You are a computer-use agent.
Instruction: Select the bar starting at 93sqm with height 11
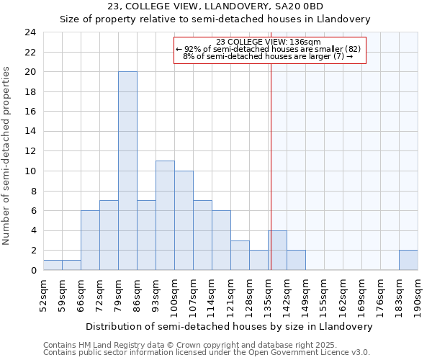(165, 215)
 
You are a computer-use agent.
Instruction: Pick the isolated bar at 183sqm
(408, 260)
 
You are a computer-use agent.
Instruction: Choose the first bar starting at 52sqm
(53, 265)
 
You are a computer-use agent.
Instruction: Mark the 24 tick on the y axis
(30, 32)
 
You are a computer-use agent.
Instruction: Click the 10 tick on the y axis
(30, 171)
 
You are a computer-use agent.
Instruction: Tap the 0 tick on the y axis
(33, 270)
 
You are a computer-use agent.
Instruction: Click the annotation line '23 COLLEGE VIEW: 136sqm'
(270, 42)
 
